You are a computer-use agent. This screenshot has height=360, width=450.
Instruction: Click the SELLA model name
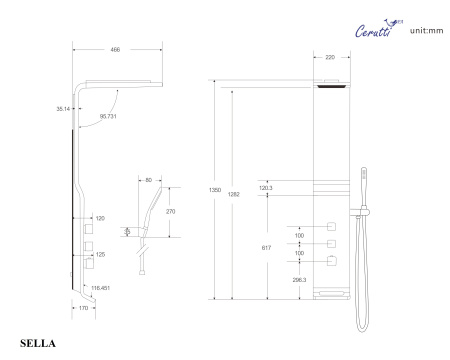[x=38, y=343]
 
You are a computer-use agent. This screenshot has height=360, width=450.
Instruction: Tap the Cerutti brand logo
[x=379, y=29]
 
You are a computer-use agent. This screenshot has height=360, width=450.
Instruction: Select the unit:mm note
[x=427, y=31]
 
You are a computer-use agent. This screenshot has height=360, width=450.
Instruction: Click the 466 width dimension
[x=115, y=50]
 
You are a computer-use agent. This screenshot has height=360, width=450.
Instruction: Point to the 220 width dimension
[x=330, y=57]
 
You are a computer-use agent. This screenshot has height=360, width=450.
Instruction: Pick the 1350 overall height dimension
[x=215, y=190]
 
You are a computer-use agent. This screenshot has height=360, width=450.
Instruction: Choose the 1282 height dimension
[x=234, y=194]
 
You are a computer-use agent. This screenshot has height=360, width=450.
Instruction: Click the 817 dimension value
[x=266, y=248]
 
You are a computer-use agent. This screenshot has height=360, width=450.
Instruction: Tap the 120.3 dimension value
[x=266, y=188]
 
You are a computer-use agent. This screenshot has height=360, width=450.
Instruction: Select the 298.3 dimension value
[x=299, y=280]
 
